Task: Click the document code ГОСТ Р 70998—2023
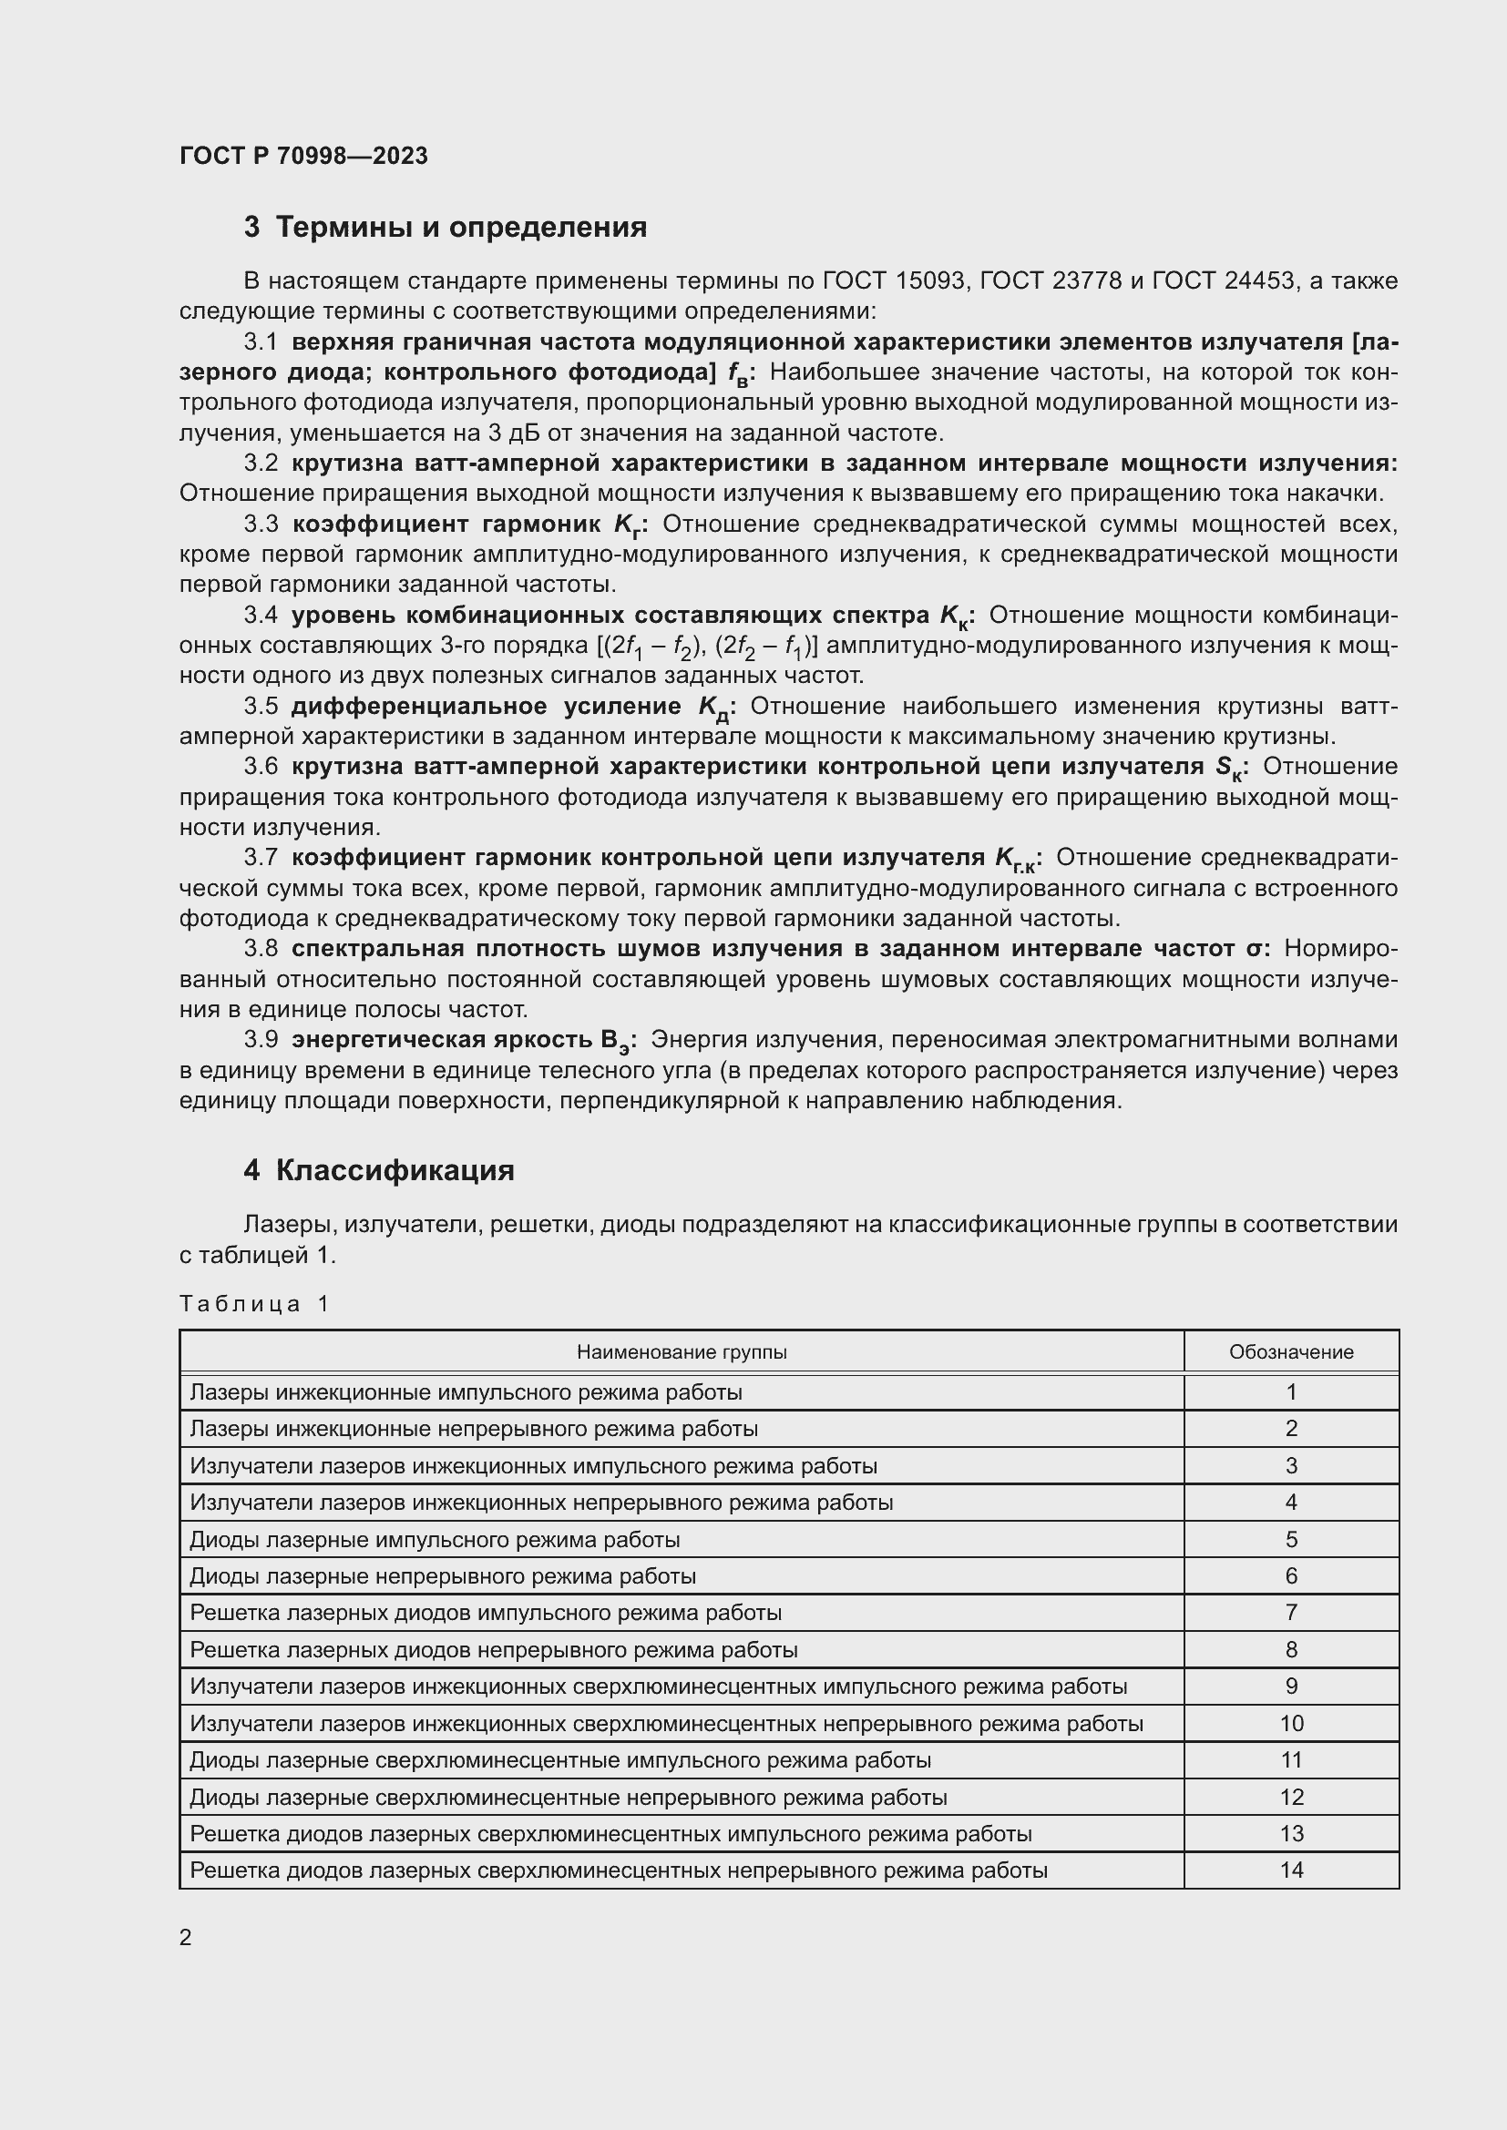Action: click(x=303, y=156)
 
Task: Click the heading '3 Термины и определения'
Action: click(x=446, y=228)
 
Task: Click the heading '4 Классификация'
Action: click(x=379, y=1171)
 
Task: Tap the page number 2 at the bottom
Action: click(x=186, y=1938)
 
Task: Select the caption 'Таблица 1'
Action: click(x=254, y=1304)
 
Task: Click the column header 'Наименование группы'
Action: click(x=682, y=1352)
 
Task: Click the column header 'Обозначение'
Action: click(x=1291, y=1352)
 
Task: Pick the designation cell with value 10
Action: click(x=1291, y=1724)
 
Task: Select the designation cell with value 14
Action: click(x=1291, y=1870)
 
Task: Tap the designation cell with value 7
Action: click(x=1291, y=1613)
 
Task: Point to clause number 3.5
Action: click(x=261, y=707)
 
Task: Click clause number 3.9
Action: click(x=261, y=1040)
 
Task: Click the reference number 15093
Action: click(x=931, y=281)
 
